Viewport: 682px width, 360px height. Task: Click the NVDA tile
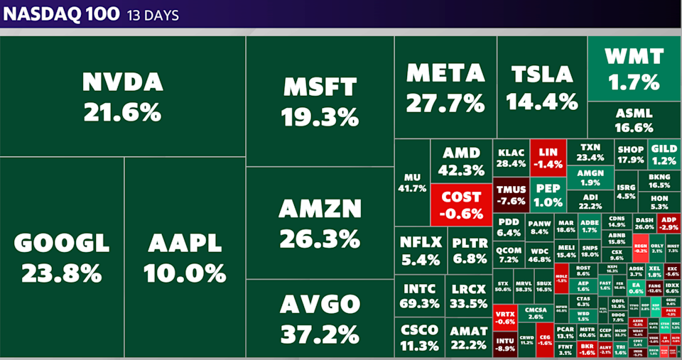[x=123, y=97]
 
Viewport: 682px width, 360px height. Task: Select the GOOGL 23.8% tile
[x=62, y=257]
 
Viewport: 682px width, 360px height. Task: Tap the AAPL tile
[x=185, y=257]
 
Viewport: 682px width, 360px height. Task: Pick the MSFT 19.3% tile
[x=320, y=102]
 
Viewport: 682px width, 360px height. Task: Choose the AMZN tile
[x=320, y=222]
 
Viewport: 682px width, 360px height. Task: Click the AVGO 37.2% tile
[x=320, y=318]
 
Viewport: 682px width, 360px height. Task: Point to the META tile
[x=445, y=87]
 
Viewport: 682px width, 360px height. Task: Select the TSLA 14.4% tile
[x=542, y=87]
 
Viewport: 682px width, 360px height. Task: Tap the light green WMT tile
[x=634, y=68]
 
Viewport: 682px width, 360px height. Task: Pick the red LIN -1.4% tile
[x=548, y=158]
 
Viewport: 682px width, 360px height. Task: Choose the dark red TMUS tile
[x=511, y=195]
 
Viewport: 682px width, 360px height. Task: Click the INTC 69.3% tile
[x=421, y=296]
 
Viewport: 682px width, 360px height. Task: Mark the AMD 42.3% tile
[x=461, y=161]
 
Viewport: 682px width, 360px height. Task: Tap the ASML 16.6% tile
[x=634, y=120]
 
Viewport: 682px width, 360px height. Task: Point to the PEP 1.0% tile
[x=548, y=195]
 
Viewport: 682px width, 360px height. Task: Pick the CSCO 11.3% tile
[x=419, y=338]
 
